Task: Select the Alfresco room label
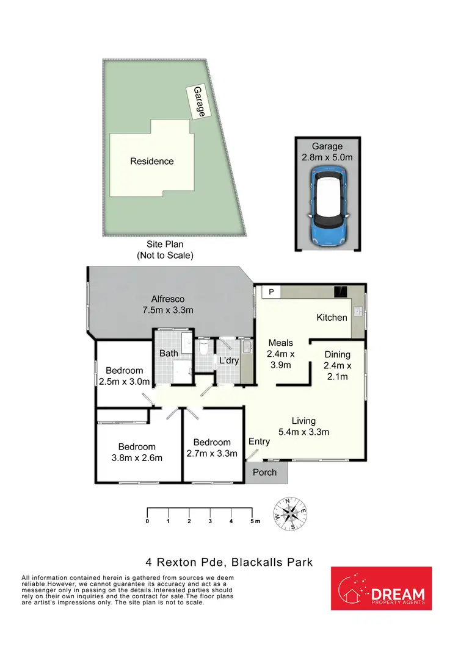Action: tap(168, 299)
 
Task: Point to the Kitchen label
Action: tap(332, 318)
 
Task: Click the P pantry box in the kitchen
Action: tap(271, 292)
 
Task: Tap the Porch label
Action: tap(264, 472)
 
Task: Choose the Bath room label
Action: tap(169, 353)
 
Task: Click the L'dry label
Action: tap(228, 361)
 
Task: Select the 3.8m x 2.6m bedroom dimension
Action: tap(137, 458)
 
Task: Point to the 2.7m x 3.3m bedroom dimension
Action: tap(212, 453)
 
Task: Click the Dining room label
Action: tap(337, 354)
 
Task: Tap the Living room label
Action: tap(304, 421)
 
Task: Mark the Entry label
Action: tap(259, 441)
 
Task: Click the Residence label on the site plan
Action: tap(151, 162)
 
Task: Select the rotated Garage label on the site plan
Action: tap(199, 102)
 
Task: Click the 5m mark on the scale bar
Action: tap(253, 521)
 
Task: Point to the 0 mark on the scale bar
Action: tap(147, 521)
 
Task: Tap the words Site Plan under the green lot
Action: tap(165, 245)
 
